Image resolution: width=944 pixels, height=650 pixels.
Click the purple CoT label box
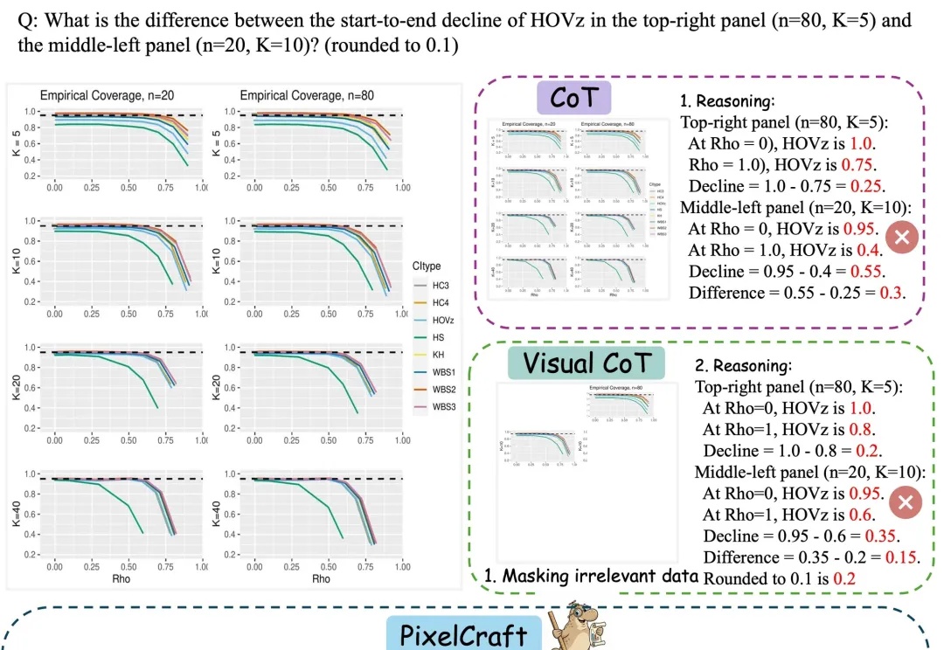(573, 97)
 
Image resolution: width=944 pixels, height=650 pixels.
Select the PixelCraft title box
(458, 635)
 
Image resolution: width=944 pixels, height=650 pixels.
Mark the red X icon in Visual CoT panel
(906, 502)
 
